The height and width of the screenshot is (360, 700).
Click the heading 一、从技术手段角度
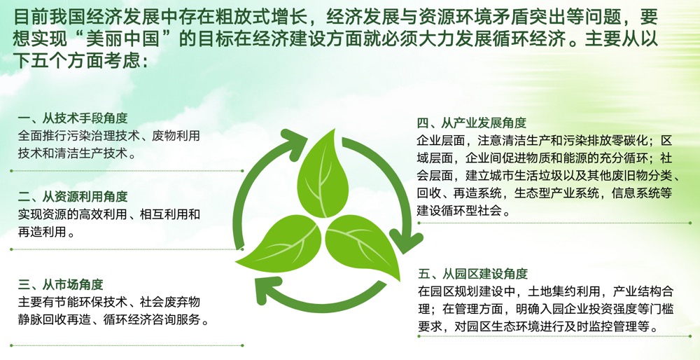[73, 118]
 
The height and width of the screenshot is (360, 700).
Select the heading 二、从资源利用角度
[73, 197]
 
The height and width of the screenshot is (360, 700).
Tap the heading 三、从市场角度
[61, 284]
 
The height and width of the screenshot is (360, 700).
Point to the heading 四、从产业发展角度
[472, 123]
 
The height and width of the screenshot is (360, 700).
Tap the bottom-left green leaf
[279, 244]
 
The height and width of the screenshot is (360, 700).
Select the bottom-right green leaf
[363, 244]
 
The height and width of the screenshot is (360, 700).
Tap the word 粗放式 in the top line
[210, 18]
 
